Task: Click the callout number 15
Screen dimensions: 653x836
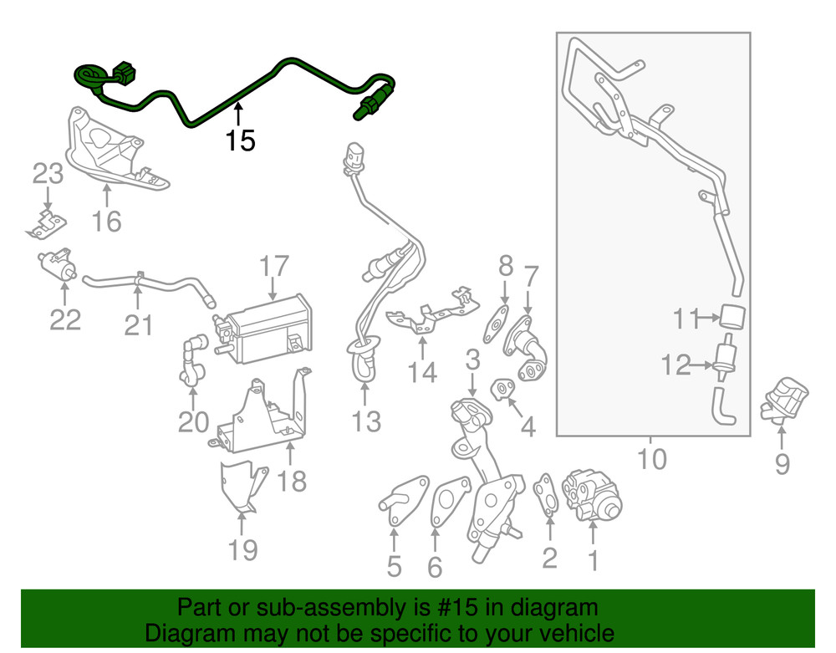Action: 240,140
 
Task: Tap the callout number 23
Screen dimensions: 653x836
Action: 48,175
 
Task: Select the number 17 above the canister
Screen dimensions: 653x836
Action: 273,268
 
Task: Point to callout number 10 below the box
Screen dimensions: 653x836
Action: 652,458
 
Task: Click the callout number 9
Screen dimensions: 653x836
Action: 782,463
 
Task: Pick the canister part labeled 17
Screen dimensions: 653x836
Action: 266,331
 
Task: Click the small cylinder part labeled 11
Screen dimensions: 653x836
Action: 732,318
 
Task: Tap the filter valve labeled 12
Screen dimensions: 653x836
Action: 725,361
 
